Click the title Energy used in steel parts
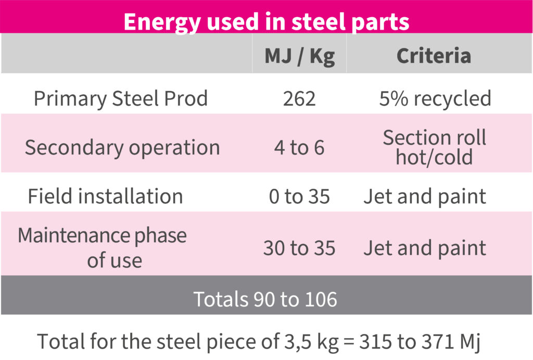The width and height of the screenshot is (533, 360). [x=266, y=22]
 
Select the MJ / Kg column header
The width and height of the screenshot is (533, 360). [x=299, y=56]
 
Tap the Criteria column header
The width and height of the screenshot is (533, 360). [x=434, y=56]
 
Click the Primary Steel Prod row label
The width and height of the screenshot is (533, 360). [x=121, y=98]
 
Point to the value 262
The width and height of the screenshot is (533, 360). [x=299, y=98]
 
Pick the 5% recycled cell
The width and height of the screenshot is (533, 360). [x=435, y=98]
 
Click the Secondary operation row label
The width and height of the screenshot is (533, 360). [x=122, y=148]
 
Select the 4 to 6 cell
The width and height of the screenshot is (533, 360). [x=299, y=148]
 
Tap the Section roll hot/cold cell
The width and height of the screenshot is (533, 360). [x=434, y=147]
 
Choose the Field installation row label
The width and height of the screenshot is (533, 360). [x=105, y=196]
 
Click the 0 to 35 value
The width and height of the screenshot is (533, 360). [x=299, y=197]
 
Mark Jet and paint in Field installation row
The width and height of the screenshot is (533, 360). [x=425, y=197]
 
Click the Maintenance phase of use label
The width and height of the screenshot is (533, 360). [x=103, y=248]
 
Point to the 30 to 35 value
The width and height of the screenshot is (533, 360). [x=299, y=248]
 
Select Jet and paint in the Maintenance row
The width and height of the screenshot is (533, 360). [x=425, y=248]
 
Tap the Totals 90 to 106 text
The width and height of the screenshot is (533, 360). [x=265, y=299]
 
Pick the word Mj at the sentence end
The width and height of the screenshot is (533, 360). [x=468, y=342]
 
